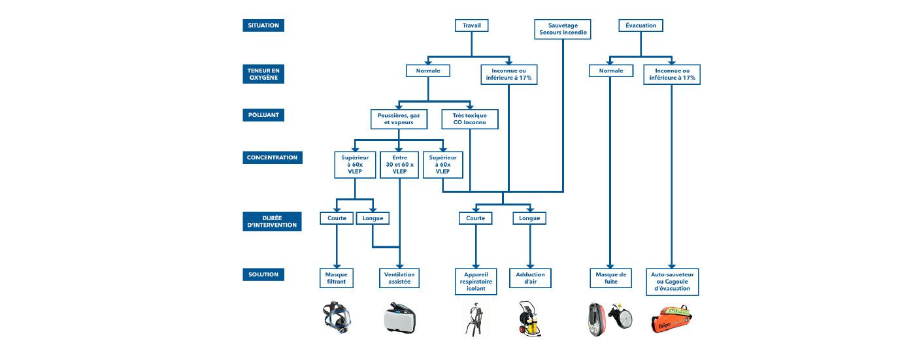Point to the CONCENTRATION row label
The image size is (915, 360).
pyautogui.click(x=272, y=157)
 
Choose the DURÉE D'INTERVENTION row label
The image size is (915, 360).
pyautogui.click(x=272, y=221)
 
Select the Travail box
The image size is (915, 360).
pyautogui.click(x=471, y=25)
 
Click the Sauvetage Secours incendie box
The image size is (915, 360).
pyautogui.click(x=563, y=28)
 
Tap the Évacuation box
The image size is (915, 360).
pyautogui.click(x=640, y=25)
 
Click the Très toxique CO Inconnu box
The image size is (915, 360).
pyautogui.click(x=470, y=119)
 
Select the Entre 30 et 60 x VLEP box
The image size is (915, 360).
pyautogui.click(x=399, y=166)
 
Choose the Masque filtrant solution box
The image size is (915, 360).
pyautogui.click(x=336, y=278)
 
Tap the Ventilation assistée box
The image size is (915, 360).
pyautogui.click(x=399, y=278)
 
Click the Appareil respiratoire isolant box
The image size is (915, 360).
pyautogui.click(x=476, y=281)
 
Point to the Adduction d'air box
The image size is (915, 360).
pyautogui.click(x=529, y=278)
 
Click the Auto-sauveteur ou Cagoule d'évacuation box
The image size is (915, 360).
pyautogui.click(x=672, y=281)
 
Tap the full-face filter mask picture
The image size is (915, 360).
pyautogui.click(x=336, y=318)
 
